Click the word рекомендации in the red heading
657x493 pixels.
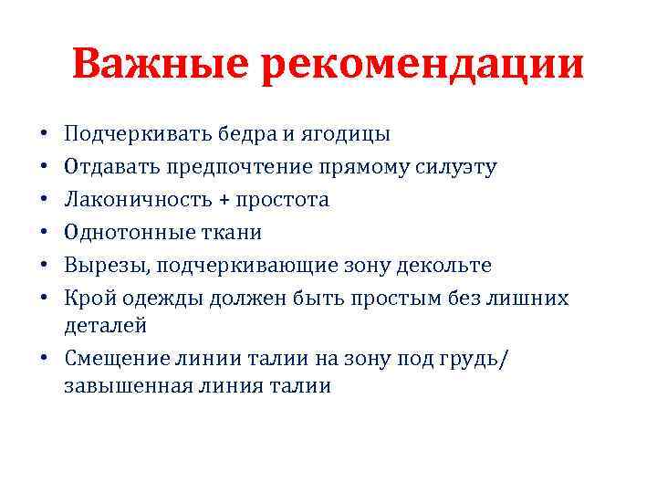[422, 66]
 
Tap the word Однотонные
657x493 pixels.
[124, 233]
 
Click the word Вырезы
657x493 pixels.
[102, 266]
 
